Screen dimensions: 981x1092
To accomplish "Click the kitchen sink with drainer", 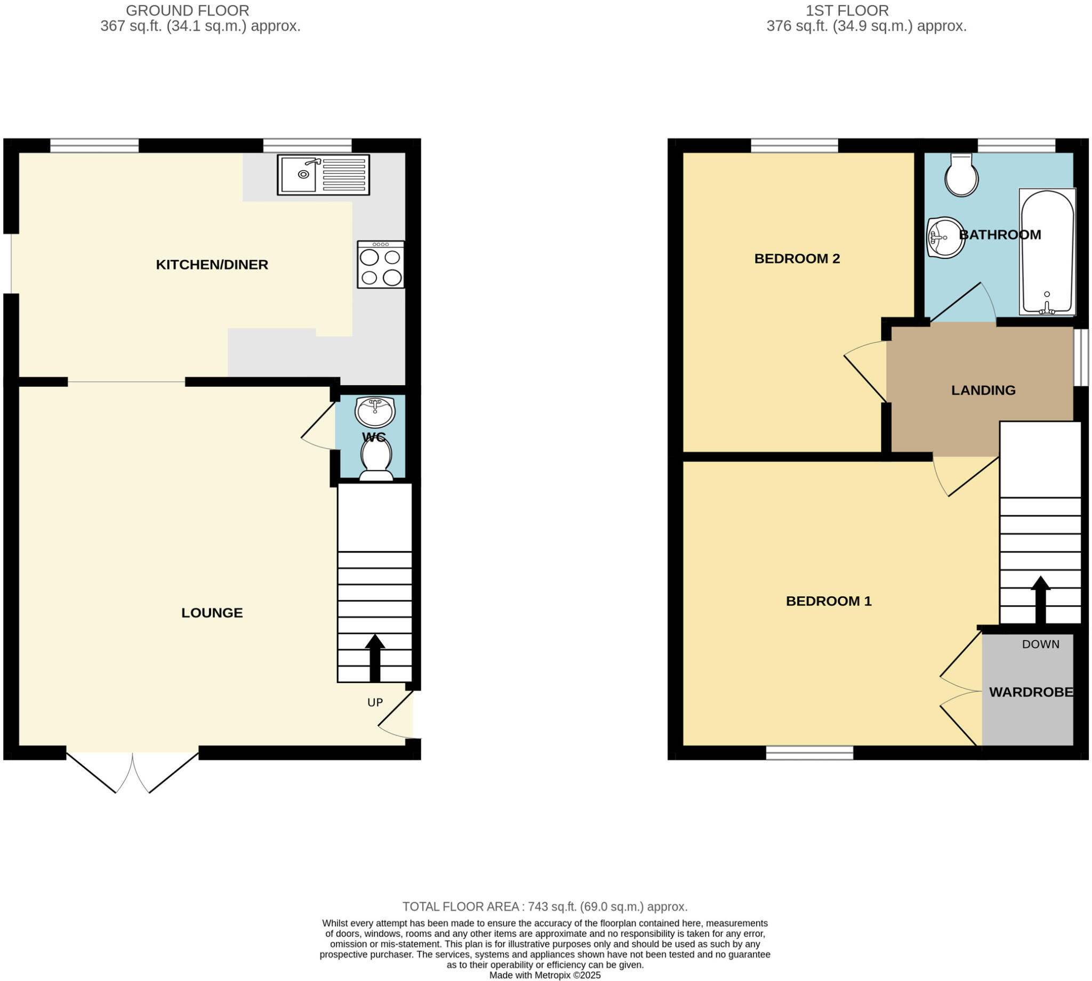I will click(x=323, y=175).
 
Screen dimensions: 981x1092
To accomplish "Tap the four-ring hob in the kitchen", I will click(x=380, y=265).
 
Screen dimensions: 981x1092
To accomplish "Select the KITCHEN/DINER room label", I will click(x=212, y=265).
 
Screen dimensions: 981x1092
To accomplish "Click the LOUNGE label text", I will click(x=212, y=613).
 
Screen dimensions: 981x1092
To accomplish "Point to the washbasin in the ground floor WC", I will click(x=375, y=412).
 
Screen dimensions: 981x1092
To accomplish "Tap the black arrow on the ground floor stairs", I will click(x=375, y=658).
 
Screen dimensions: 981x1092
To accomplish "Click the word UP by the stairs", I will click(x=375, y=702).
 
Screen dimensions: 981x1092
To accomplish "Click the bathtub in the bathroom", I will click(x=1047, y=252).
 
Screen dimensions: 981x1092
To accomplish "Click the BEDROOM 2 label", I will click(x=797, y=259).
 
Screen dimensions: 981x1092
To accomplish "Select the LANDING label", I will click(x=983, y=390).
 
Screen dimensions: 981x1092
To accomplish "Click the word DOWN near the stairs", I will click(x=1040, y=644).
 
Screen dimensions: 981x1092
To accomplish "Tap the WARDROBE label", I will click(x=1031, y=692).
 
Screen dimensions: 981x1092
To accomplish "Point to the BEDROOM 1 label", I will click(x=828, y=601).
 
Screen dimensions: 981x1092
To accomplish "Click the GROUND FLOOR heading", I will click(x=187, y=10).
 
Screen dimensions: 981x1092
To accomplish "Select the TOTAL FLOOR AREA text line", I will click(x=544, y=906).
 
